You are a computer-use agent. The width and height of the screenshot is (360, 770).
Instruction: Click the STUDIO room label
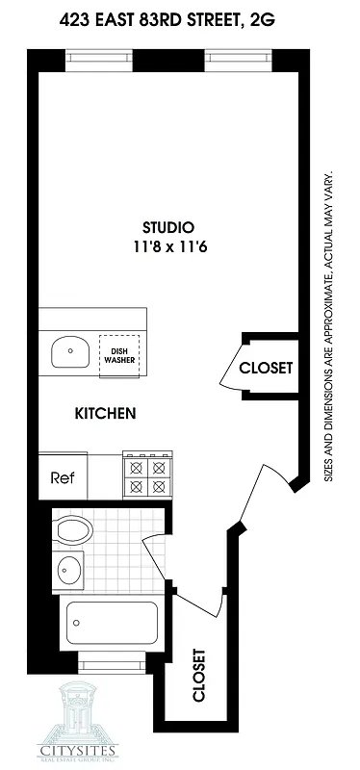pos(168,227)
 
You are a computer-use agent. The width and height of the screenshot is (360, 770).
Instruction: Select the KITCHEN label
pos(105,414)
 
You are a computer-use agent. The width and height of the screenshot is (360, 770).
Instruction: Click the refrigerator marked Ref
pos(63,476)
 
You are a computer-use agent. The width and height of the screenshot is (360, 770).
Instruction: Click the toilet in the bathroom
pos(72,529)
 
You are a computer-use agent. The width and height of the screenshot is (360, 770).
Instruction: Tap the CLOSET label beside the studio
pos(265,368)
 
